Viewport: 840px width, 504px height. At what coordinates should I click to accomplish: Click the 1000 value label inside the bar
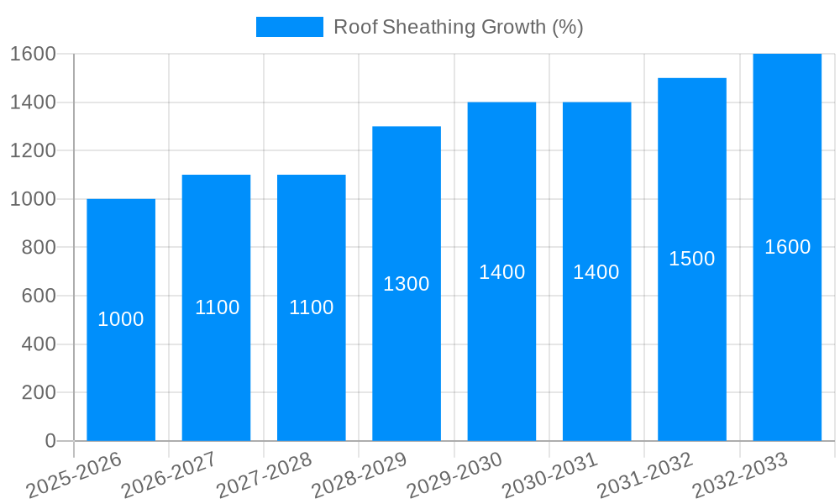(x=121, y=319)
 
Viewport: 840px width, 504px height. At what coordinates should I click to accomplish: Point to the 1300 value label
(x=407, y=284)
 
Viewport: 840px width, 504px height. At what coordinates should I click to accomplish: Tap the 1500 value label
(x=692, y=259)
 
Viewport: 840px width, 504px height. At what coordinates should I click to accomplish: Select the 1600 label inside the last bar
(x=787, y=247)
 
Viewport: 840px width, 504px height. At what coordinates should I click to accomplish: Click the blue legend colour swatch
(x=289, y=27)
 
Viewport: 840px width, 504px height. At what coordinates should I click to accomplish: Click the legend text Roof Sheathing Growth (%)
(x=459, y=27)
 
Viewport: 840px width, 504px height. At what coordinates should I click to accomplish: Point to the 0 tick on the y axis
(x=50, y=441)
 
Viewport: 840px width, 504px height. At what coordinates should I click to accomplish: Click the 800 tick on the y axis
(x=39, y=248)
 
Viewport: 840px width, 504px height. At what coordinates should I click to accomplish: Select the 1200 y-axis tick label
(x=33, y=151)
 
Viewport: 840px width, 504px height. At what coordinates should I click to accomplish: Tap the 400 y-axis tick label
(x=39, y=344)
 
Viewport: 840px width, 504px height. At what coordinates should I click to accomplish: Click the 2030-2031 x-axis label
(x=550, y=475)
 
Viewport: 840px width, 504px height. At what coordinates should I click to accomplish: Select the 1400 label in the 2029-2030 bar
(x=501, y=272)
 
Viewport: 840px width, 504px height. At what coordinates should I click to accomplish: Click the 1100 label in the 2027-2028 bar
(x=312, y=307)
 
